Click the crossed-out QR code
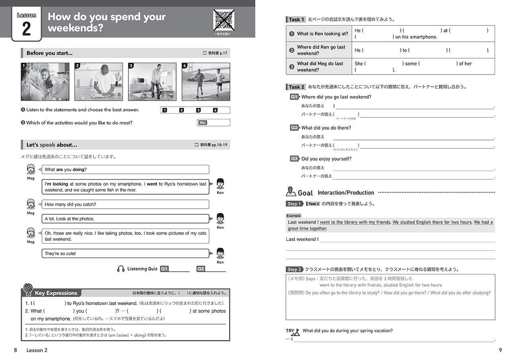click(x=224, y=20)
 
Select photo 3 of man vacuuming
click(x=152, y=82)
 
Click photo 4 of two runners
click(x=206, y=82)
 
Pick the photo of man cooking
click(x=99, y=82)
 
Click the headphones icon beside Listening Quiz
click(x=121, y=269)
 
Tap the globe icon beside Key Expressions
click(x=28, y=289)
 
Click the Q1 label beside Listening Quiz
click(x=164, y=269)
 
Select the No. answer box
click(x=214, y=123)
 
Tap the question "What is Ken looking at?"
click(x=322, y=34)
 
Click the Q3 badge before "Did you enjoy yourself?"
click(x=294, y=159)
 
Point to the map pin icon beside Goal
click(x=291, y=191)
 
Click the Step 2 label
click(x=294, y=269)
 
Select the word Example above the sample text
click(x=293, y=216)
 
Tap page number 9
click(x=500, y=350)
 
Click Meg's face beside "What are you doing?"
click(x=31, y=169)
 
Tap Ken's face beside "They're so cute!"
click(x=220, y=253)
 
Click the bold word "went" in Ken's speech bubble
click(x=152, y=184)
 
